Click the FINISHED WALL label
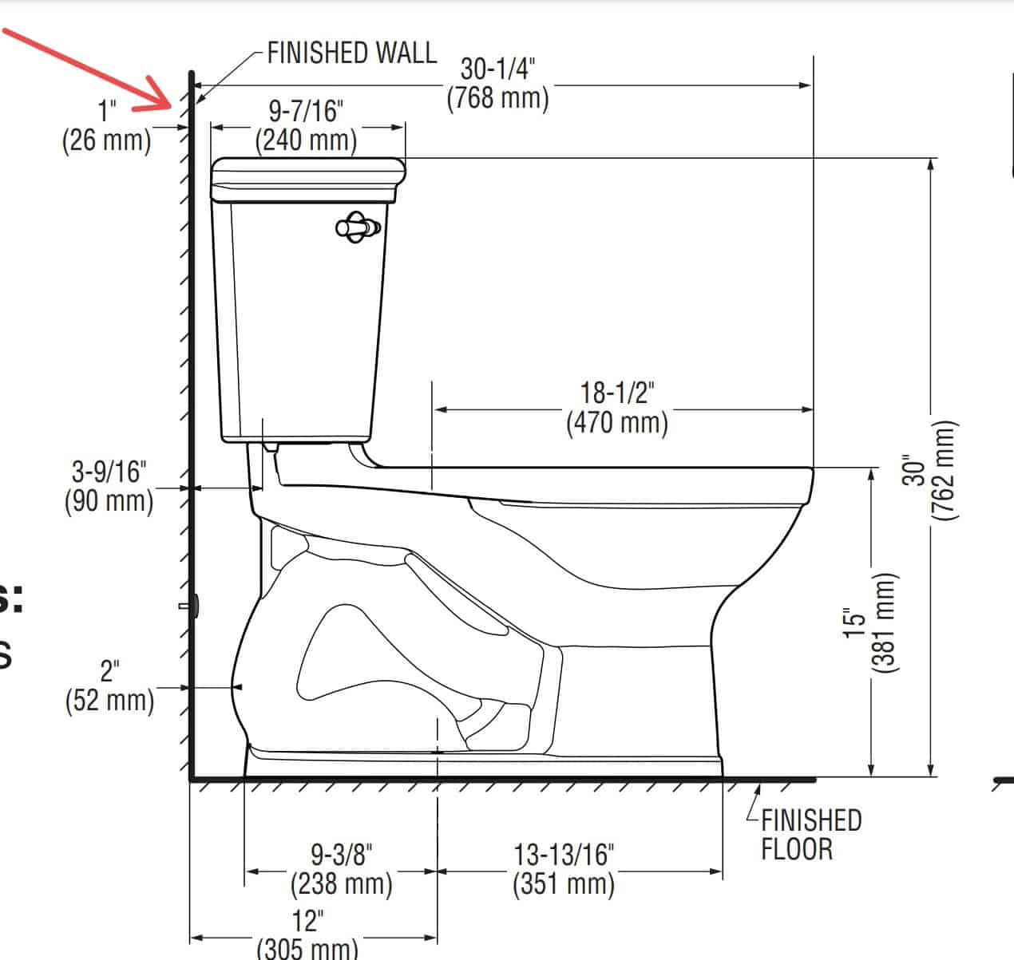(x=351, y=53)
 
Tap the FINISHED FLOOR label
(x=810, y=834)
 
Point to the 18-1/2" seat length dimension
(x=616, y=394)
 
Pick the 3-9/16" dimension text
(x=109, y=472)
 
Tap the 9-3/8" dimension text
(x=342, y=855)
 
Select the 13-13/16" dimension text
(x=564, y=855)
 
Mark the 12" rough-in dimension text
(x=306, y=921)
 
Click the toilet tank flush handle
(x=358, y=227)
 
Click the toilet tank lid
(x=307, y=180)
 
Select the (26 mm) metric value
(x=107, y=140)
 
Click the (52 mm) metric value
(x=109, y=700)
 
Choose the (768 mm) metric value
(x=497, y=98)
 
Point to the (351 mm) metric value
(x=564, y=884)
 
